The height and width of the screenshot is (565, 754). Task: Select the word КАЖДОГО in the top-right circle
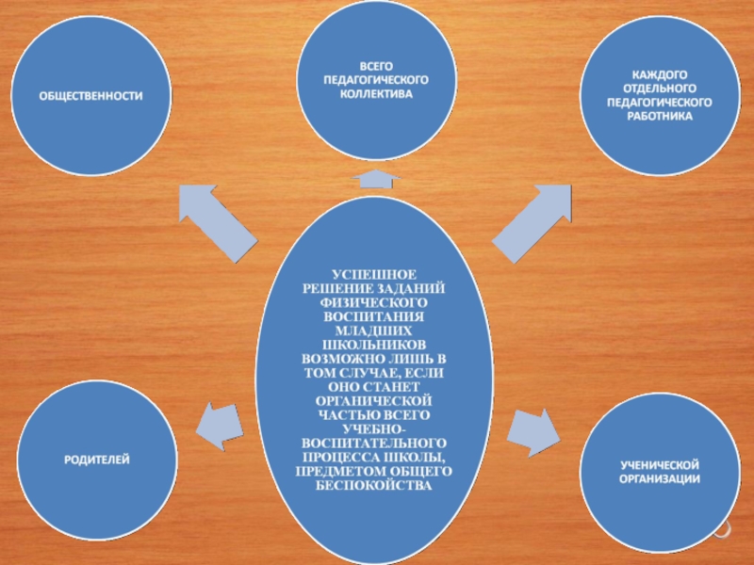click(x=658, y=73)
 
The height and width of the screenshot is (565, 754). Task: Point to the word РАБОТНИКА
click(x=658, y=116)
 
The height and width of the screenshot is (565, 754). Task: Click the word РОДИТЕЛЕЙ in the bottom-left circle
click(x=97, y=459)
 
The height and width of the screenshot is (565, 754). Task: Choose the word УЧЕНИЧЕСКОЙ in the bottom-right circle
click(x=659, y=467)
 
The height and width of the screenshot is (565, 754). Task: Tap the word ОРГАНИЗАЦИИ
click(x=659, y=480)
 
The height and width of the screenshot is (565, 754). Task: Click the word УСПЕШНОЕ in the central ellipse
click(x=375, y=273)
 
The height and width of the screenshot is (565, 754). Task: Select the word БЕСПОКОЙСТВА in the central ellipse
click(x=375, y=484)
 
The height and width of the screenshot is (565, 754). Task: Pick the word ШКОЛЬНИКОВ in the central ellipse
click(x=375, y=347)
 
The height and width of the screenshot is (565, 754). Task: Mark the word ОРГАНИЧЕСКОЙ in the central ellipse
click(x=375, y=400)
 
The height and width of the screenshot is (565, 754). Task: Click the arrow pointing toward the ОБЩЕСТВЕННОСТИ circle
click(x=218, y=222)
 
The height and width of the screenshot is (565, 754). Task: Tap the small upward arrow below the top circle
click(x=375, y=178)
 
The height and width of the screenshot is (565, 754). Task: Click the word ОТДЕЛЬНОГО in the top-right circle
click(x=658, y=88)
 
